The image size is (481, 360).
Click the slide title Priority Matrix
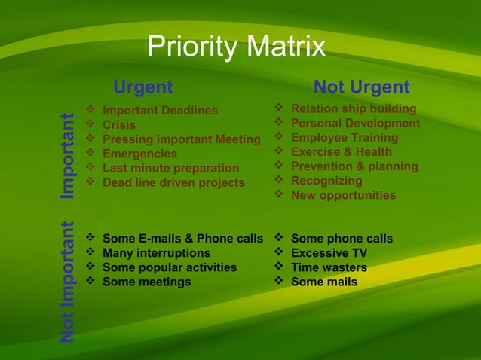pos(236,47)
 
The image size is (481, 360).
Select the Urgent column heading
pos(142,87)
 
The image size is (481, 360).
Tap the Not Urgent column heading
pos(361,87)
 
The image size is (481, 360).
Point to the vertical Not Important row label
pos(69,280)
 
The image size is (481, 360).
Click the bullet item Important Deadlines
pos(159,111)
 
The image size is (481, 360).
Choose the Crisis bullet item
pos(119,125)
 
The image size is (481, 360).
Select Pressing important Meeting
pos(181,139)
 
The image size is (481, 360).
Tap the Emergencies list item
pos(139,154)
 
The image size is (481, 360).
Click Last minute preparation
pos(170,168)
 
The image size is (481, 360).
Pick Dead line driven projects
pos(173,182)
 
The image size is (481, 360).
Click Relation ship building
pos(353,109)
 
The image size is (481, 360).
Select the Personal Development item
pos(355,123)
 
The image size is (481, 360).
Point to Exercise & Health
pos(341,152)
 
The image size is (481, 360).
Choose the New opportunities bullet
pos(343,195)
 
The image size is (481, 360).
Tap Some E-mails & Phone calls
pos(182,239)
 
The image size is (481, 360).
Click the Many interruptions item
pos(156,253)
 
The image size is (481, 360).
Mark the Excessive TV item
pos(329,253)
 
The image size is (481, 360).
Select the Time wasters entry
pos(329,267)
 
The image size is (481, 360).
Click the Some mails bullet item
pos(324,282)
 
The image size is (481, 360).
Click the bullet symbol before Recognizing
pos(279,181)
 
